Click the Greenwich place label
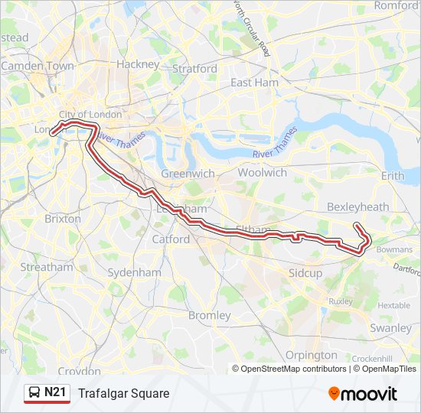[188, 174]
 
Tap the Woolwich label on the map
[262, 173]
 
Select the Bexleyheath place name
[357, 206]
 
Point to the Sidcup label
[305, 273]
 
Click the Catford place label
[171, 239]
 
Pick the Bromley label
[209, 315]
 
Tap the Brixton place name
[63, 219]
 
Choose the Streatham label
[47, 268]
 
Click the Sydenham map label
[134, 272]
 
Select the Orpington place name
[311, 355]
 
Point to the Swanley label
[390, 327]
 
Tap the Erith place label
[392, 176]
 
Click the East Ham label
[254, 83]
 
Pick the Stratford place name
[195, 69]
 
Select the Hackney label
[138, 64]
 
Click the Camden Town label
[38, 67]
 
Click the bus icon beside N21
[34, 393]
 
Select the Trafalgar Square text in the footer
[123, 393]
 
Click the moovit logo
[363, 394]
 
